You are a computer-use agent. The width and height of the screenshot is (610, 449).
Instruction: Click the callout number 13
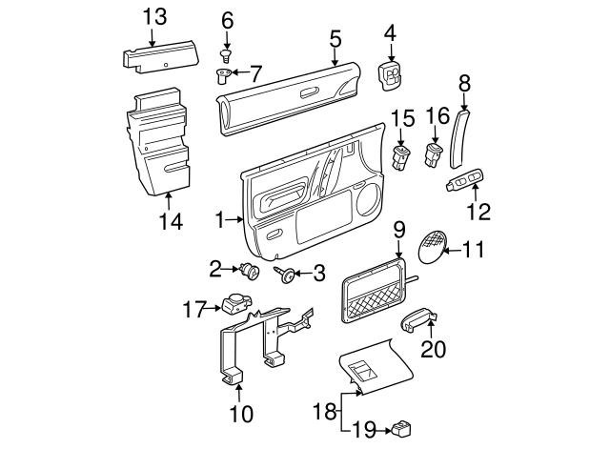(153, 16)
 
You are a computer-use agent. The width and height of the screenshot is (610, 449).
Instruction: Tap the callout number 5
(335, 38)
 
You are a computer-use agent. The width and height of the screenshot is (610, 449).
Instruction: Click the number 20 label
(433, 350)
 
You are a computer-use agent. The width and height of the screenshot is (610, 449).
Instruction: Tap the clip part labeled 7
(224, 75)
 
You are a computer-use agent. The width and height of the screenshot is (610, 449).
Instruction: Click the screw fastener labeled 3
(283, 275)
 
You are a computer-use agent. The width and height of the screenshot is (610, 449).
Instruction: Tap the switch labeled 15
(402, 155)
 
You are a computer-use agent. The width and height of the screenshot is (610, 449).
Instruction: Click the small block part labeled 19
(400, 429)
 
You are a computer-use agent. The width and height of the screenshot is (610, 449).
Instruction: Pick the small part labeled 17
(233, 305)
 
